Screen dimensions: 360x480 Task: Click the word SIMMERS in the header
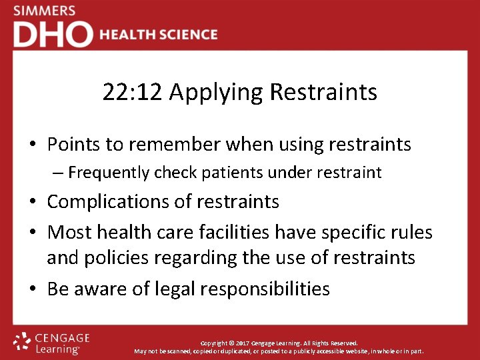tap(44, 11)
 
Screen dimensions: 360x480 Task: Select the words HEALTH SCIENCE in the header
tap(159, 35)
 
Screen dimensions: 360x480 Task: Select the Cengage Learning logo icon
tap(23, 342)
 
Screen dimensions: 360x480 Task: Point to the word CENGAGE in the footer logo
tap(63, 338)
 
